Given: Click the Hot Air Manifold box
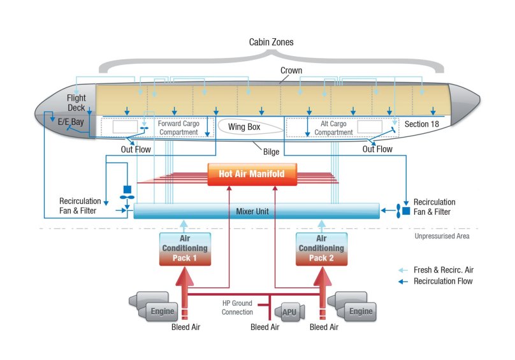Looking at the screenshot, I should [x=252, y=174].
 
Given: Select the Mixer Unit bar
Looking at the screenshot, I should [x=256, y=211].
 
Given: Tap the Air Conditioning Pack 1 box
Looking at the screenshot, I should [x=184, y=248].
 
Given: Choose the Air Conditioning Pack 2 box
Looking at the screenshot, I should [x=322, y=248].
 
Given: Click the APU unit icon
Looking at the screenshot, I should [x=289, y=312].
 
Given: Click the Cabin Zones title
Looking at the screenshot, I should [x=271, y=42].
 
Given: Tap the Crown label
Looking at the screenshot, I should [x=291, y=70].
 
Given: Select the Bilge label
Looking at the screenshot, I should [x=272, y=152].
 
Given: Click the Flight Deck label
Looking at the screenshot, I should [x=76, y=103].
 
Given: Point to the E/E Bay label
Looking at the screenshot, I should [x=71, y=121].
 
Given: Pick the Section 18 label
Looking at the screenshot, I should [x=421, y=124].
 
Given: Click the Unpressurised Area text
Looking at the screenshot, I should [x=442, y=236].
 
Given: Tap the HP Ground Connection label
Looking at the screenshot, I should [x=237, y=308].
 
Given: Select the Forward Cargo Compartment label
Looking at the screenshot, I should [x=178, y=128].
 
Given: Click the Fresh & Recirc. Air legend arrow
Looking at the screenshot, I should [x=403, y=270].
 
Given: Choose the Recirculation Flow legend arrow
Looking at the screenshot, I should [x=403, y=281].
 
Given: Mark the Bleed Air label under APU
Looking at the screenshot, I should [x=265, y=327].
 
